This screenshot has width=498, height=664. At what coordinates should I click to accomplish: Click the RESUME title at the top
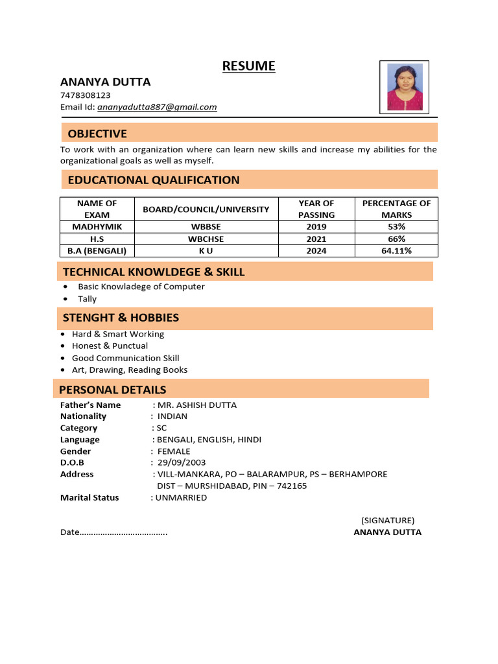[248, 65]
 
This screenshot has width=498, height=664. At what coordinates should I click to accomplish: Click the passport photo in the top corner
[405, 87]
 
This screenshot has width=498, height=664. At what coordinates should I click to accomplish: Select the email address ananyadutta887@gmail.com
[157, 107]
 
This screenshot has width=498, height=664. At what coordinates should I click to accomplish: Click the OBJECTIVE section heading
[97, 134]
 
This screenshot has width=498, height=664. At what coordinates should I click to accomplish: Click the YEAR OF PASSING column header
[316, 209]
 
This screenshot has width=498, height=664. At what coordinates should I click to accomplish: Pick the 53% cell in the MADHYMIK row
[396, 227]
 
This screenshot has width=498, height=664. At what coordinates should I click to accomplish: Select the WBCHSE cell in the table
[206, 239]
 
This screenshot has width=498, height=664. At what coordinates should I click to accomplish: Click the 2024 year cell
[316, 251]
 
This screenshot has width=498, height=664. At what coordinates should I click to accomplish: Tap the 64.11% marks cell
[396, 251]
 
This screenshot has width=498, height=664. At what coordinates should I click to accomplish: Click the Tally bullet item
[87, 299]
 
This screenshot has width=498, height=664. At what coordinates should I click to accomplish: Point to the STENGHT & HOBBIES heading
[121, 318]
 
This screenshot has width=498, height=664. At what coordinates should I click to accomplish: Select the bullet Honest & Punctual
[110, 346]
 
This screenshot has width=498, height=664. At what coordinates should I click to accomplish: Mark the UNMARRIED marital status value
[181, 497]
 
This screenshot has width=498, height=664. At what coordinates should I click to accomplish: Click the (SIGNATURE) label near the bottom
[388, 520]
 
